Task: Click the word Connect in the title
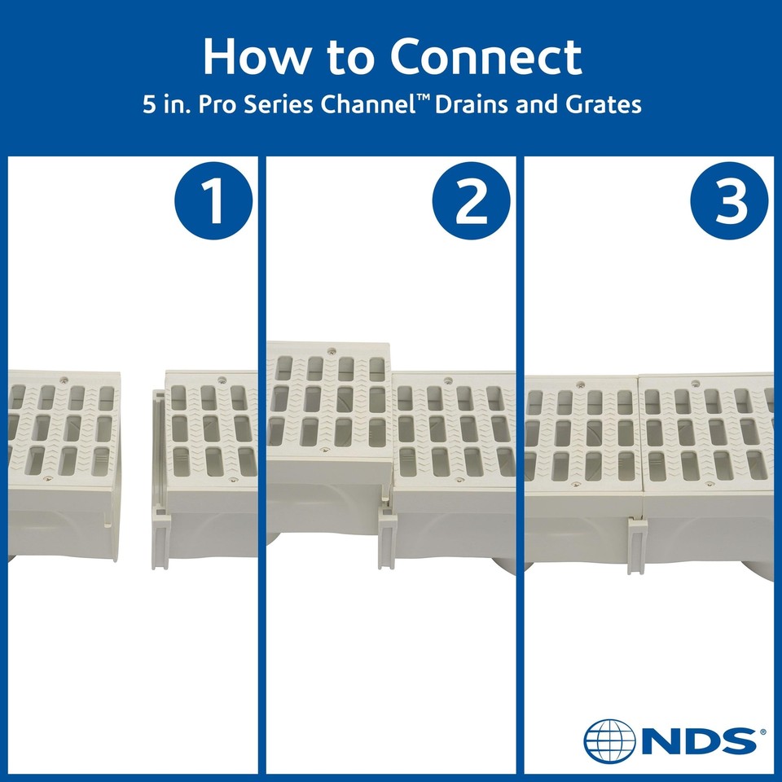486,57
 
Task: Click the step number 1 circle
213,201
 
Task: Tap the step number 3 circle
729,201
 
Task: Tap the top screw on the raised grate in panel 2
331,350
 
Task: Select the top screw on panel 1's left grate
64,379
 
